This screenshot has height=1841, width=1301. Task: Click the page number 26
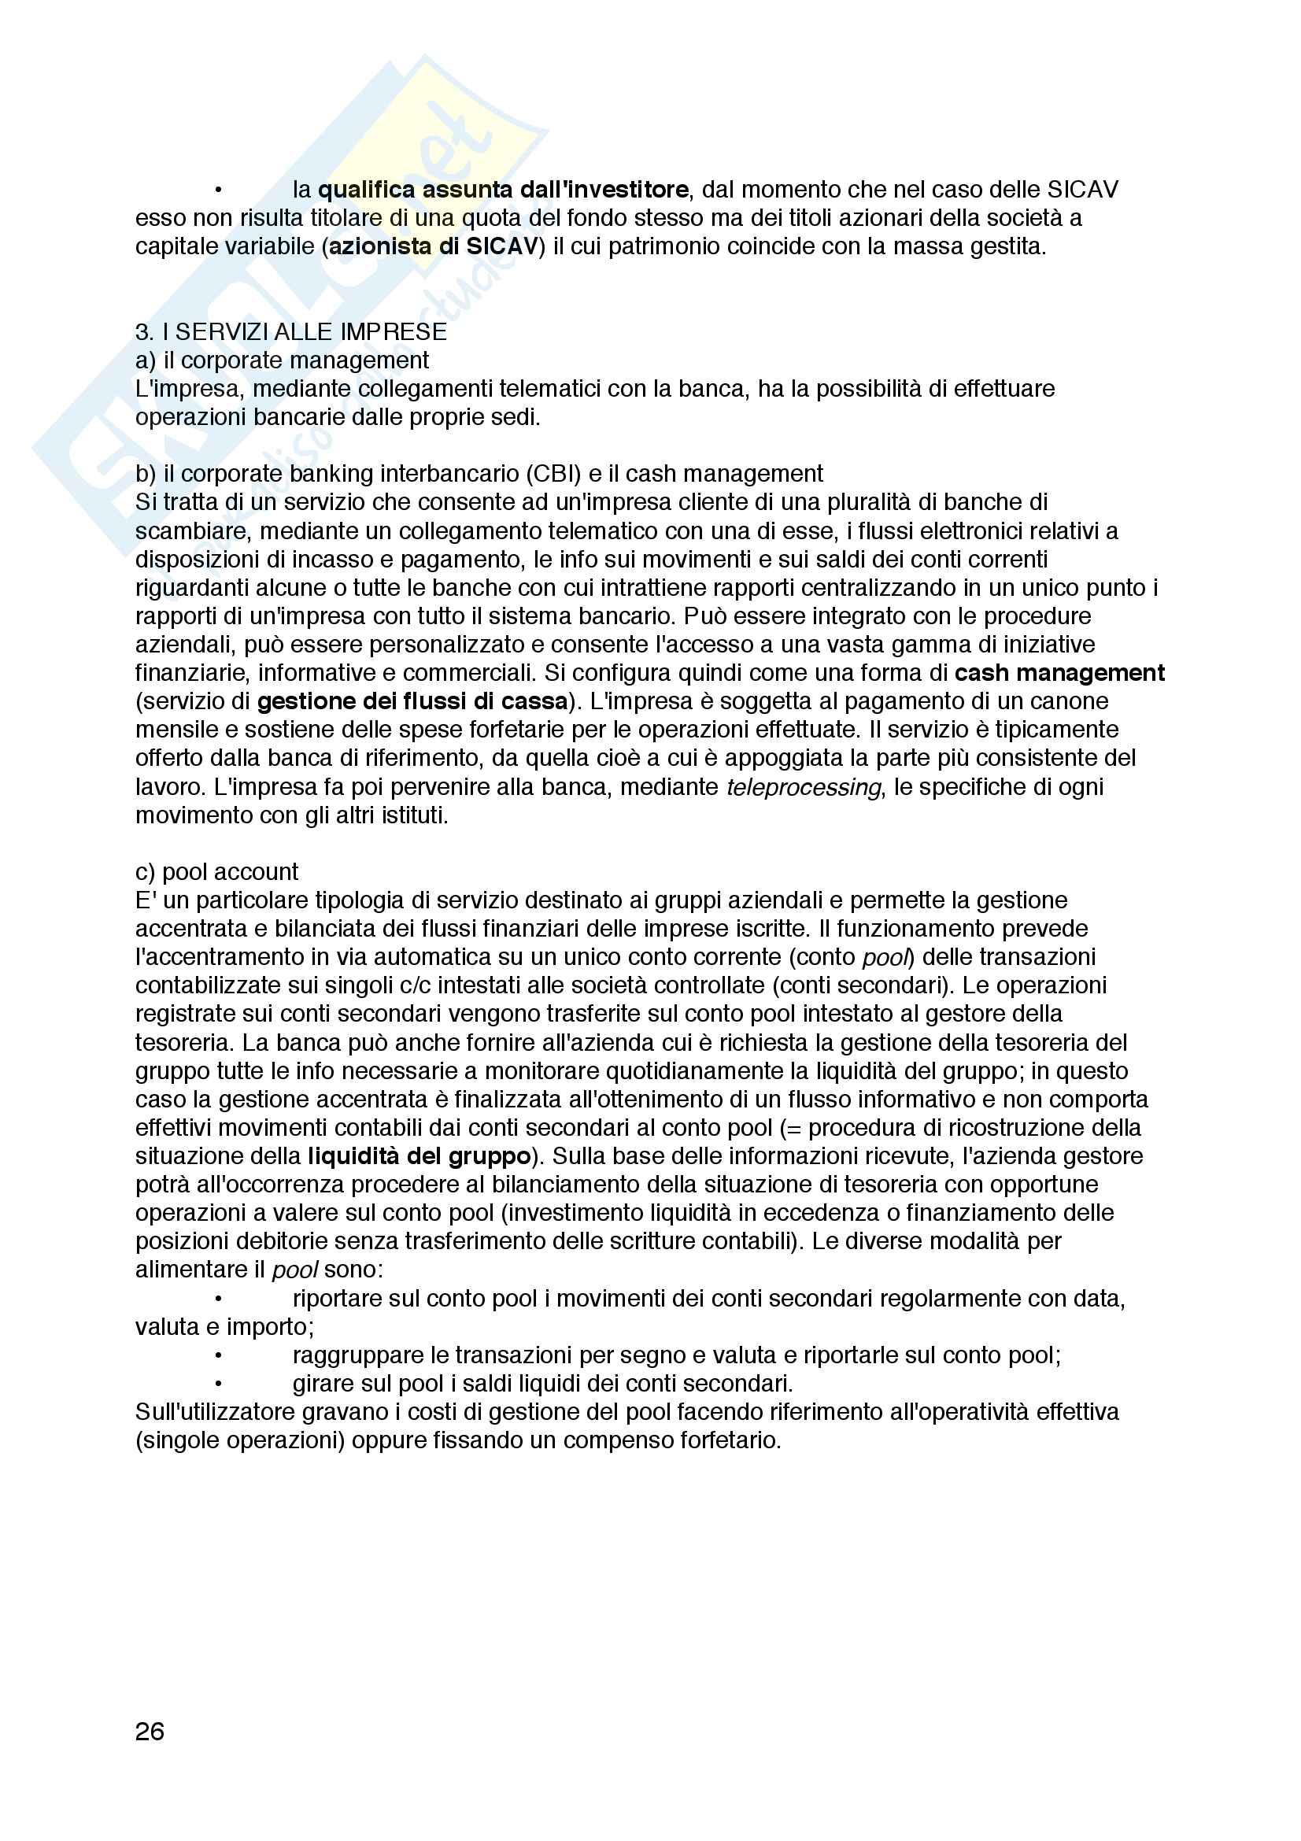click(x=150, y=1732)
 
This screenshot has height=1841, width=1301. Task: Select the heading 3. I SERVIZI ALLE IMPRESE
click(x=291, y=332)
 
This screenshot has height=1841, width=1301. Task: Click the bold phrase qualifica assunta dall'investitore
click(x=503, y=190)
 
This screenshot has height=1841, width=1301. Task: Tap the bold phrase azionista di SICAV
click(x=433, y=246)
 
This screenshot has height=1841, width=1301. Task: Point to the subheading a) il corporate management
click(x=283, y=360)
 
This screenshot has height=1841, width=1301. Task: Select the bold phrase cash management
click(x=1059, y=673)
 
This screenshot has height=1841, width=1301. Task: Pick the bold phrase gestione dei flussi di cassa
click(x=412, y=701)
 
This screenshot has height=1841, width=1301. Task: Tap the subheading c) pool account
click(x=216, y=871)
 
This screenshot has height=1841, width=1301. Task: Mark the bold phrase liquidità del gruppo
click(x=419, y=1156)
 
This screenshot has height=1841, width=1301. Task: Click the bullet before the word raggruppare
click(x=218, y=1355)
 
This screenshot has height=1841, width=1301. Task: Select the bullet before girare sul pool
click(x=218, y=1383)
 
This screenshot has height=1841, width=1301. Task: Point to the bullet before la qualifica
click(x=218, y=190)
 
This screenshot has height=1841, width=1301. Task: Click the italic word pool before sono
click(x=295, y=1270)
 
